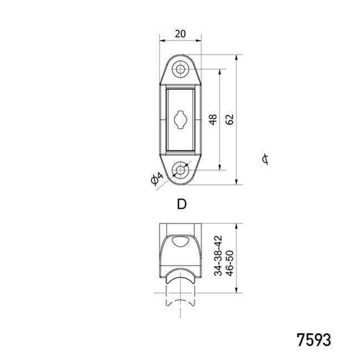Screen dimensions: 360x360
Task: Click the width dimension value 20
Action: pos(180,34)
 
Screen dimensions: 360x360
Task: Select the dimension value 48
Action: pos(213,120)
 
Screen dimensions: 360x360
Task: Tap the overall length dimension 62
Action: pos(229,120)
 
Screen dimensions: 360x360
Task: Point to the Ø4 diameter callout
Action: pos(157,178)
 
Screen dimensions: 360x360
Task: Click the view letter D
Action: pos(182,204)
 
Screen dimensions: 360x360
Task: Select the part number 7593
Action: pos(314,340)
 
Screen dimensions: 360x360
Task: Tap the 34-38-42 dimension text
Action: pos(218,255)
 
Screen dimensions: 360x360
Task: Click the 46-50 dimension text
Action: pos(230,263)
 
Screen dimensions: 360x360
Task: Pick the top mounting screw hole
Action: pos(181,69)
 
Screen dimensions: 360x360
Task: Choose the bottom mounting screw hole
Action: pos(181,170)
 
